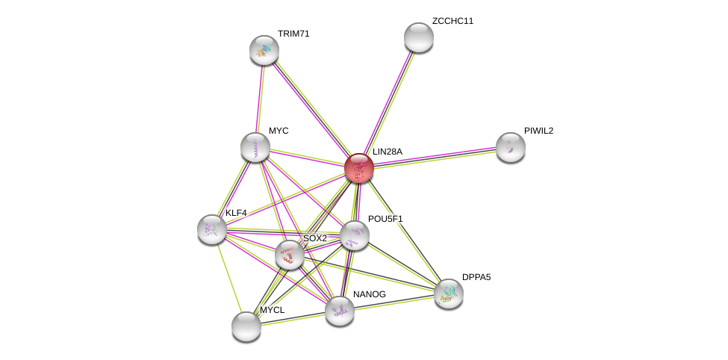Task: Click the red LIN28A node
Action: (359, 168)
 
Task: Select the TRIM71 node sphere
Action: (264, 50)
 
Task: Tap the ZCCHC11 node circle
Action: (419, 37)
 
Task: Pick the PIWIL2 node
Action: (511, 147)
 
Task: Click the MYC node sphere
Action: (255, 147)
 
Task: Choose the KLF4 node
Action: (212, 229)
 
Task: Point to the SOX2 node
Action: (290, 255)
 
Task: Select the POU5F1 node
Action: (355, 235)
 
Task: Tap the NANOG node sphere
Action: (340, 311)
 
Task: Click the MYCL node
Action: (246, 326)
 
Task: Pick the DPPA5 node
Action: (449, 294)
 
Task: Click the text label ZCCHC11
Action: (452, 21)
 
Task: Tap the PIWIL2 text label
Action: (538, 131)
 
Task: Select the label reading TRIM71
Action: (293, 34)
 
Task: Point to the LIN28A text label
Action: (388, 152)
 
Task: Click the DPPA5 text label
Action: (476, 277)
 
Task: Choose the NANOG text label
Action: (370, 294)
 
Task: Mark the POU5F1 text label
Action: (385, 219)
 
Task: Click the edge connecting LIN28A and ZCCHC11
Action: (389, 102)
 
